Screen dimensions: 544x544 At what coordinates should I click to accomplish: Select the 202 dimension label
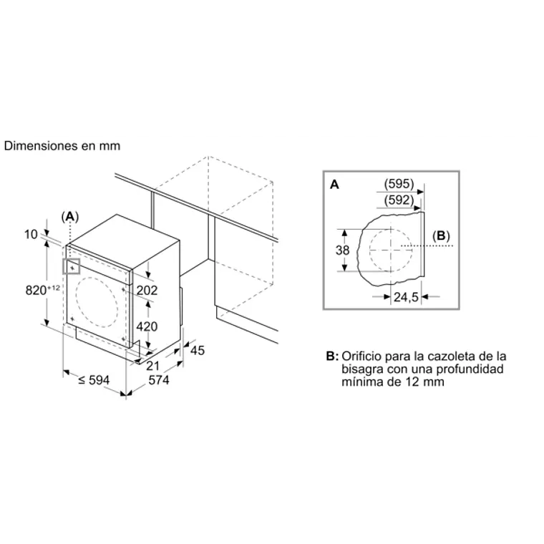(146, 290)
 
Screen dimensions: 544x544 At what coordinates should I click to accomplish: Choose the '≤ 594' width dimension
(92, 381)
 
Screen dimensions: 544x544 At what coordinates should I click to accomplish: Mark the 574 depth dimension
(157, 381)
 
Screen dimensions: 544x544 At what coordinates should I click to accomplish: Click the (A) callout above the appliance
(69, 216)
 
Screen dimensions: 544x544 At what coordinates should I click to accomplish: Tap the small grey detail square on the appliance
(72, 266)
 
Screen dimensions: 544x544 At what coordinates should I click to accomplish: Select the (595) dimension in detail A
(399, 184)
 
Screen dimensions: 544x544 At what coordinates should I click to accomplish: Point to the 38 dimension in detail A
(342, 250)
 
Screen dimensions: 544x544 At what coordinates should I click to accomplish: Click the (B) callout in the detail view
(441, 235)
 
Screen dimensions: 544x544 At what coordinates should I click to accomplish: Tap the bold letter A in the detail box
(334, 185)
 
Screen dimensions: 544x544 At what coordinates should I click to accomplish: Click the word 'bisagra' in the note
(361, 369)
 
